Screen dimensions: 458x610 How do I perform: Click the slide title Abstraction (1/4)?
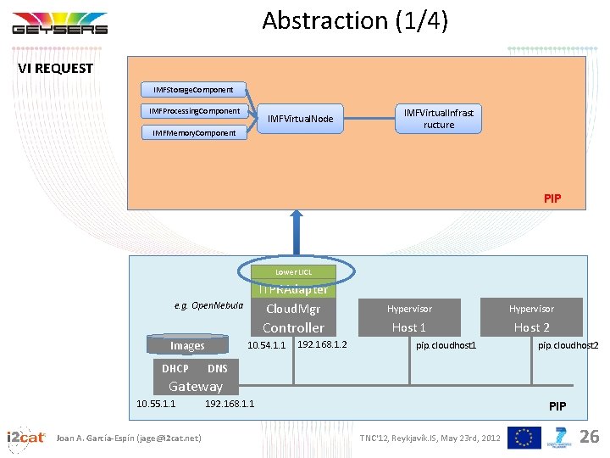354,20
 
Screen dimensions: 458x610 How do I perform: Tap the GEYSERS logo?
59,24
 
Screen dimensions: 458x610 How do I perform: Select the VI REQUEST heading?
56,69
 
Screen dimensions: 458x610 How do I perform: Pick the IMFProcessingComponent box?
194,111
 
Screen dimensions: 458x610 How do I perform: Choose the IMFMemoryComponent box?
194,132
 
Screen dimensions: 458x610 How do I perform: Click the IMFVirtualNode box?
300,119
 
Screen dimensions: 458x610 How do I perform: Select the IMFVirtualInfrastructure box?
438,119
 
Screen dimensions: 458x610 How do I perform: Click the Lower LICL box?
294,272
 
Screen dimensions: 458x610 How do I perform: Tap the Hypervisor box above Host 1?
409,309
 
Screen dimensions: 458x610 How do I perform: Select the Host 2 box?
531,327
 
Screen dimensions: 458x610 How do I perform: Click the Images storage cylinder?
187,345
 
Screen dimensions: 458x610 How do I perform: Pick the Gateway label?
196,386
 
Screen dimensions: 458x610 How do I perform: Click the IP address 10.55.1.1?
156,404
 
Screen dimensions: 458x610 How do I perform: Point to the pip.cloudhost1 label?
446,346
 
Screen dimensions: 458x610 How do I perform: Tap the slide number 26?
588,437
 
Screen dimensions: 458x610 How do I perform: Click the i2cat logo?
25,437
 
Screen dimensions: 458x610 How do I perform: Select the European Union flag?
524,437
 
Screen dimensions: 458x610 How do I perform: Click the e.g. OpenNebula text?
208,305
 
